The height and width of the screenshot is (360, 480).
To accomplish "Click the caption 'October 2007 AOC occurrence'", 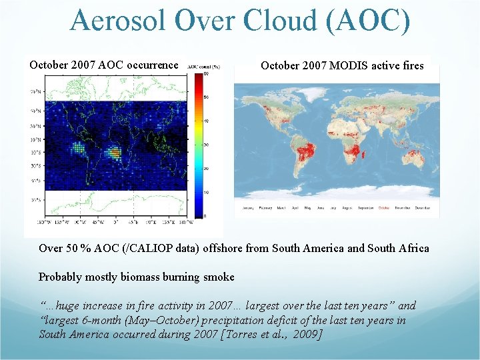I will (x=103, y=65).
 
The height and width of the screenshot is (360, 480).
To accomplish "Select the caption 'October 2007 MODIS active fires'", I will (x=342, y=65).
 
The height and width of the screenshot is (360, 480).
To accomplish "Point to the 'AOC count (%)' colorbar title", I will (x=203, y=67).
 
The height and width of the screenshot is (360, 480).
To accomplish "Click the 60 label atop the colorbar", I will (x=207, y=74).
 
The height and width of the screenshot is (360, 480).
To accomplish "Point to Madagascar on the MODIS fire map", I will (x=364, y=155).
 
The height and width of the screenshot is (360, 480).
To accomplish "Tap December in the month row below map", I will (x=425, y=208).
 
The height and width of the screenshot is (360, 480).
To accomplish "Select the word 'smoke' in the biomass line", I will (x=219, y=277).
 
